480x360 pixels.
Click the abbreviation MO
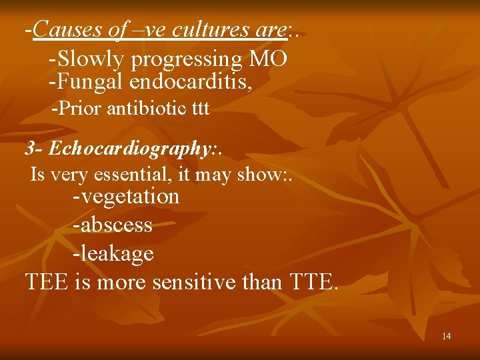pos(268,59)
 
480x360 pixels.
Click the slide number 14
pos(446,336)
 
